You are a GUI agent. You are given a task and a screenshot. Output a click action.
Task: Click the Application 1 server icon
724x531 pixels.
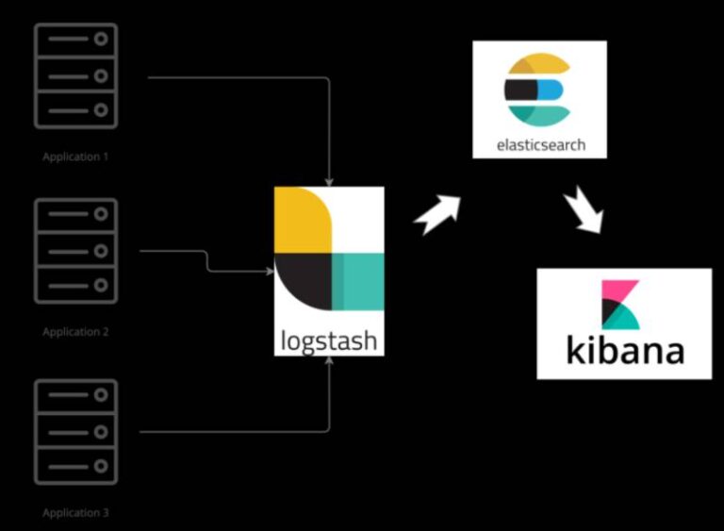[76, 76]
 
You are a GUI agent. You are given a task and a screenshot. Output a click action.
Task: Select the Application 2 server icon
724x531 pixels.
[76, 251]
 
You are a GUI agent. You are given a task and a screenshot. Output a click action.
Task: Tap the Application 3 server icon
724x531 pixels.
[76, 431]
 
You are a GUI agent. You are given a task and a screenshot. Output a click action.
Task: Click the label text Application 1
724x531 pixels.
[75, 157]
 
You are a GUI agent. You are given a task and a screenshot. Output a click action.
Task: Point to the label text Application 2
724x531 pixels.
[75, 332]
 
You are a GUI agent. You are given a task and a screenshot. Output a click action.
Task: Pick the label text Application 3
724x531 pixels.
[75, 513]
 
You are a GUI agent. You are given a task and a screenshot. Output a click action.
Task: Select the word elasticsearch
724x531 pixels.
[540, 145]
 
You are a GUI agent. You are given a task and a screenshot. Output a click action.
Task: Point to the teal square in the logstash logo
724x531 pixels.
[358, 281]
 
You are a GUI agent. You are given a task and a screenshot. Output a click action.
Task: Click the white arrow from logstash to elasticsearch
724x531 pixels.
[438, 213]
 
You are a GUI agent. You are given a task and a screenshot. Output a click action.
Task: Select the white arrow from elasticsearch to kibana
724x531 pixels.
[582, 209]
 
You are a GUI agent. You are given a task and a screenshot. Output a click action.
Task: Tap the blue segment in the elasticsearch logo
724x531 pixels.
[551, 91]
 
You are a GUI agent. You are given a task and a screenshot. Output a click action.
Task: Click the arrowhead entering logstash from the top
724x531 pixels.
[328, 181]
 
